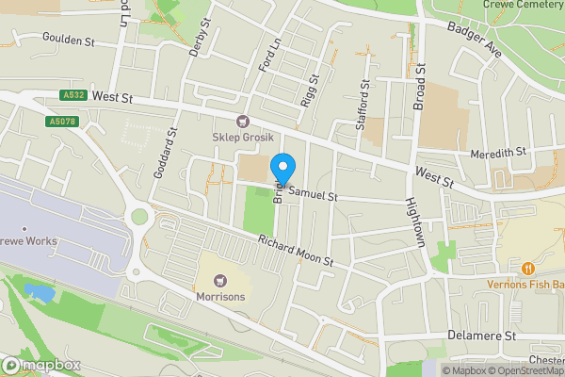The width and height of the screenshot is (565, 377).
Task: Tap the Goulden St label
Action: point(70,40)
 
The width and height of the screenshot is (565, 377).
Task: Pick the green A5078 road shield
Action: point(60,122)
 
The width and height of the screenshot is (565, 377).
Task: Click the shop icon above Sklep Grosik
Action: point(243,121)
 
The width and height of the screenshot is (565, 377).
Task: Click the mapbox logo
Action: point(42,365)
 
